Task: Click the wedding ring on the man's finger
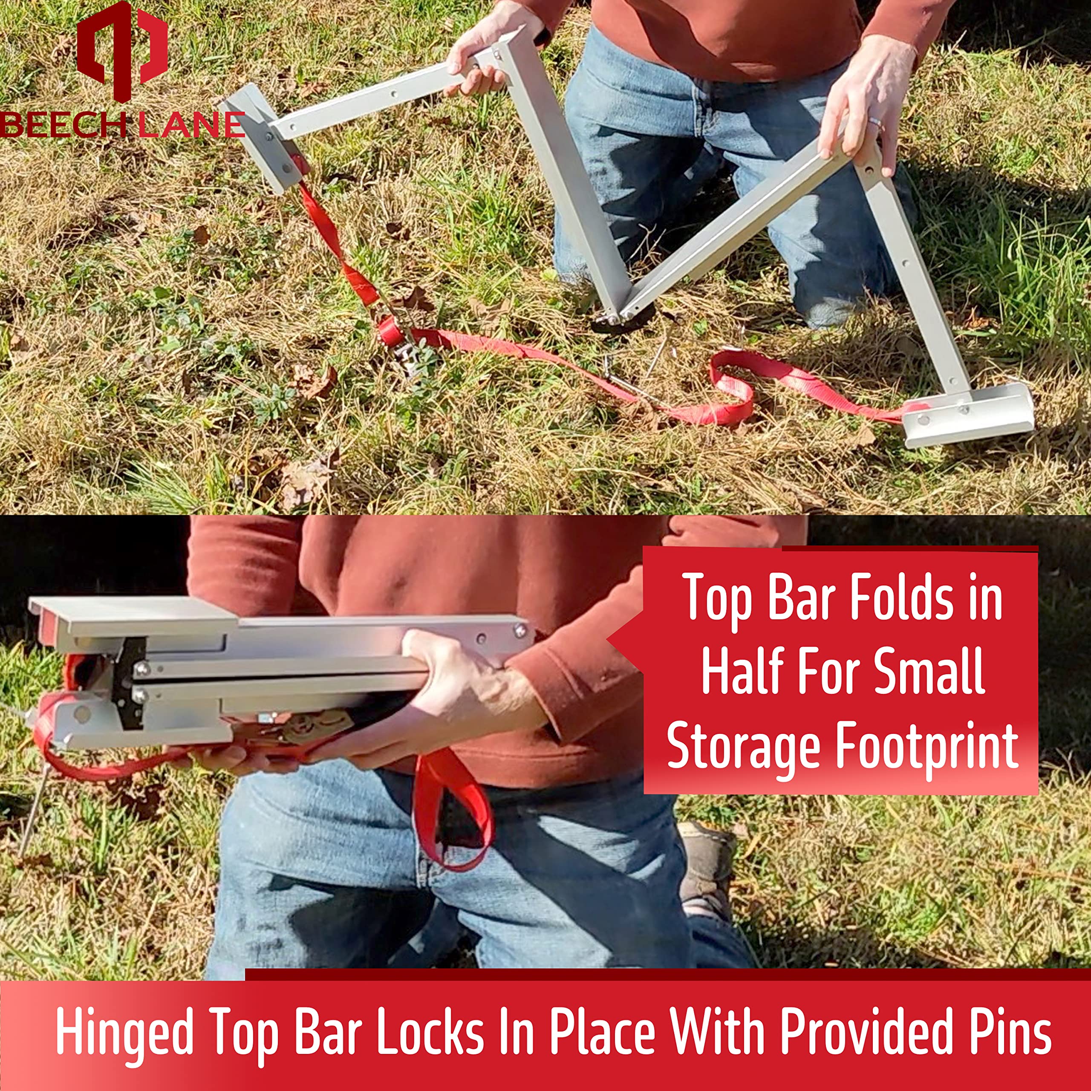coord(875,124)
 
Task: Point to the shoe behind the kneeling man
coord(706,870)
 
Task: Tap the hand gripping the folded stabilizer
coord(469,695)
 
